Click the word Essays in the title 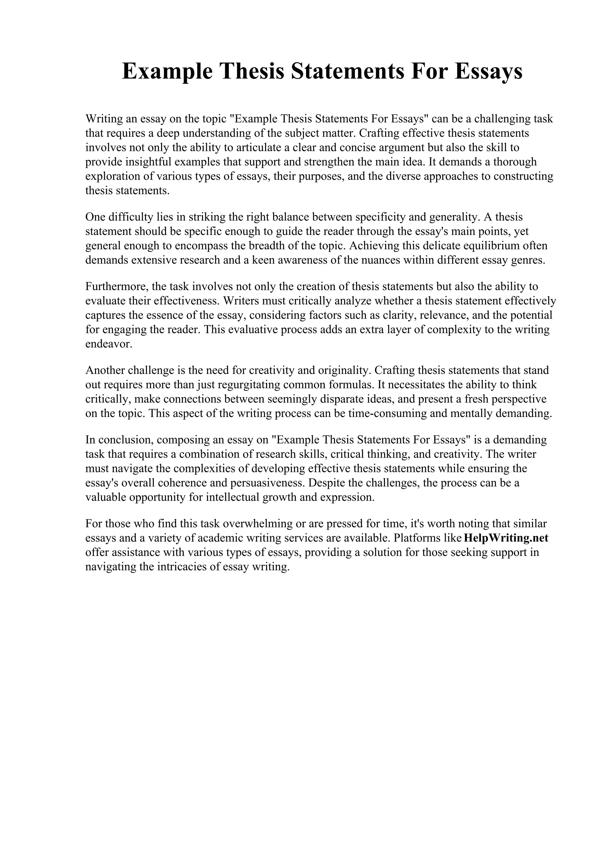click(x=488, y=71)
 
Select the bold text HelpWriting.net click(x=506, y=538)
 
